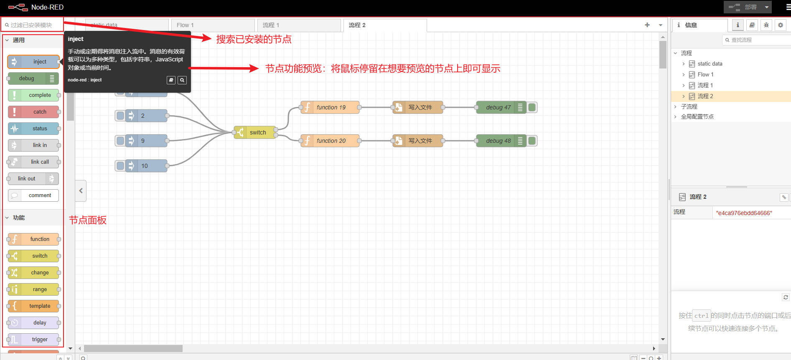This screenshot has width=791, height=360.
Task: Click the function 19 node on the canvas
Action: (x=330, y=107)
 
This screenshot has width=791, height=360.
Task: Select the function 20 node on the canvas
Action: (x=330, y=141)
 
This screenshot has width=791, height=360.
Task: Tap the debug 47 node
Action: (x=498, y=107)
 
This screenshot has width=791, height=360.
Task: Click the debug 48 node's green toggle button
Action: (x=532, y=141)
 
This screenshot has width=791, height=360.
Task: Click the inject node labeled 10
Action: (x=144, y=166)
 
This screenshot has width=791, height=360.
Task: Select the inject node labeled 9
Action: (x=144, y=141)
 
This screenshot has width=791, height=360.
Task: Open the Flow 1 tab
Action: (x=212, y=25)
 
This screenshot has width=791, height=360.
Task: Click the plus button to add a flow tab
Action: (x=647, y=25)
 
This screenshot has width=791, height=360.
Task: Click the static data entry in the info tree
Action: (x=710, y=64)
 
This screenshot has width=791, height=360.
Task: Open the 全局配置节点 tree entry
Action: (x=697, y=117)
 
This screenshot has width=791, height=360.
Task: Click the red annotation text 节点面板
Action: (x=88, y=220)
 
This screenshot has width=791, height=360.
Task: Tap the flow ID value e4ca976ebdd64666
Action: (x=744, y=213)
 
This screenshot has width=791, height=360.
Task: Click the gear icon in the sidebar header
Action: (x=780, y=25)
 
